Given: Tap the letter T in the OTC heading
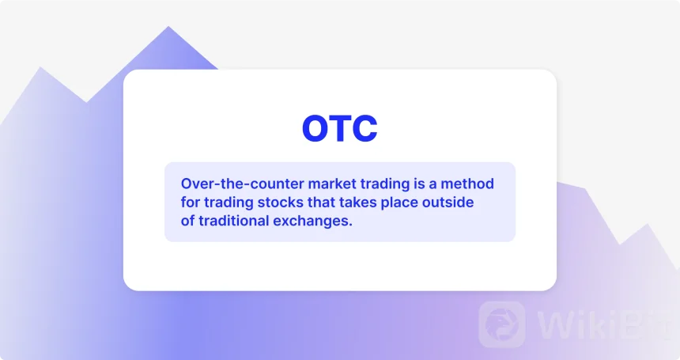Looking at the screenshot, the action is (x=342, y=128).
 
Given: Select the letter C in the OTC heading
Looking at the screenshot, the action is (x=365, y=128).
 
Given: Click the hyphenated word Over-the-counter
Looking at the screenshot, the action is (x=243, y=184).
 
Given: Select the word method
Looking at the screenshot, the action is (x=467, y=184).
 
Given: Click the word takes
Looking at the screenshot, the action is (x=357, y=202).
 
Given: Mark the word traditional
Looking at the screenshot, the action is (x=234, y=221).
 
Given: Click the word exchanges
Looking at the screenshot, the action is (x=312, y=222).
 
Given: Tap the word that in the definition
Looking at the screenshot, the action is (x=321, y=202).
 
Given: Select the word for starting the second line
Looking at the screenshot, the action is (x=191, y=202).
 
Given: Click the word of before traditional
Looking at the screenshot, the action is (x=187, y=221).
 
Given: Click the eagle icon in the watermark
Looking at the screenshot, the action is (x=502, y=324).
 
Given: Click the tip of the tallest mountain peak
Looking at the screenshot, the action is (x=168, y=26).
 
